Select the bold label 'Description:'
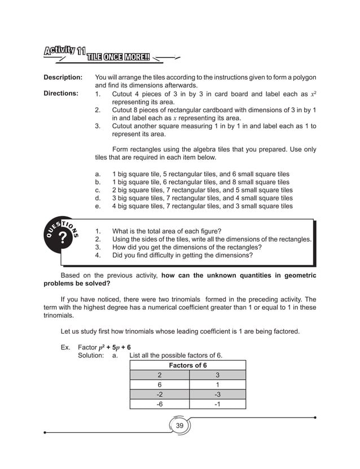(63, 77)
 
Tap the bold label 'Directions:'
(62, 93)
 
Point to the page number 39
(180, 424)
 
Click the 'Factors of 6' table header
(187, 365)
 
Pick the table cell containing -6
(159, 404)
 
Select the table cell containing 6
(159, 384)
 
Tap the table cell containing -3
(217, 394)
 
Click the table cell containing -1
(217, 404)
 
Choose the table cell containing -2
(159, 394)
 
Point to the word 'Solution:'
(90, 356)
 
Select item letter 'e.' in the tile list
(99, 207)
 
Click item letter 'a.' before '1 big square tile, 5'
(99, 174)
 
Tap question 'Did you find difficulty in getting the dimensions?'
(182, 255)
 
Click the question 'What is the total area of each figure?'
(166, 231)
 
